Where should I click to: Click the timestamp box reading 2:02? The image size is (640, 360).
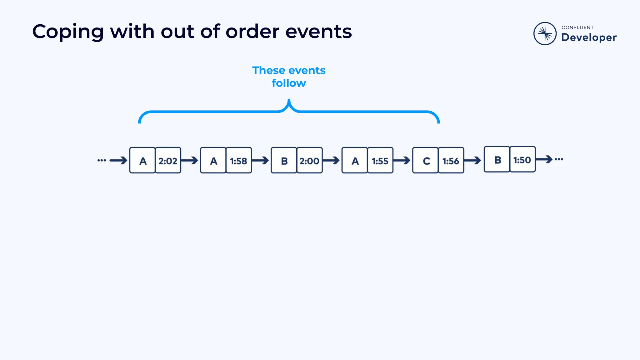click(x=168, y=160)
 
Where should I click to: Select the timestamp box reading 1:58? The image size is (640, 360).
click(x=238, y=160)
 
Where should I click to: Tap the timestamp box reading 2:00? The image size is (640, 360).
click(x=309, y=160)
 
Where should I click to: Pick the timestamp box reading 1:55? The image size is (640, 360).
click(x=380, y=160)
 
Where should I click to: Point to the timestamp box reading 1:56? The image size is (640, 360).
click(x=451, y=160)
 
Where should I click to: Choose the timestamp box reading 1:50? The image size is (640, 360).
click(x=522, y=159)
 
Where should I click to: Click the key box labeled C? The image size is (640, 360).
click(x=425, y=160)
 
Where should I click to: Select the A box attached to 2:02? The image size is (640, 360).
click(x=142, y=160)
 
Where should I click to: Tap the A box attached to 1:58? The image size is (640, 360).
click(x=213, y=160)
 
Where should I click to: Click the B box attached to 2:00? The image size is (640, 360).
click(x=284, y=160)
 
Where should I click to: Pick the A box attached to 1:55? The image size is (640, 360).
click(x=355, y=160)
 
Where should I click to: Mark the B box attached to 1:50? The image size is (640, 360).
click(x=497, y=159)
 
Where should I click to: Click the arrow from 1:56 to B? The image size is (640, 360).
click(x=473, y=161)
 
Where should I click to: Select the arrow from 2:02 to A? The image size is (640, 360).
click(x=190, y=161)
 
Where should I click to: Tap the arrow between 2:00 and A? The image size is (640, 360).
click(x=331, y=161)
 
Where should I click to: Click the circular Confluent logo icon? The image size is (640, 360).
click(x=545, y=33)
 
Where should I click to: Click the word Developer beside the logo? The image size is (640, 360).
click(x=589, y=37)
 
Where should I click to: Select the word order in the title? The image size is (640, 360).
click(x=252, y=32)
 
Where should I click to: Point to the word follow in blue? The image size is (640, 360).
click(x=289, y=83)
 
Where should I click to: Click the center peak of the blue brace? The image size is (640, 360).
click(x=289, y=102)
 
